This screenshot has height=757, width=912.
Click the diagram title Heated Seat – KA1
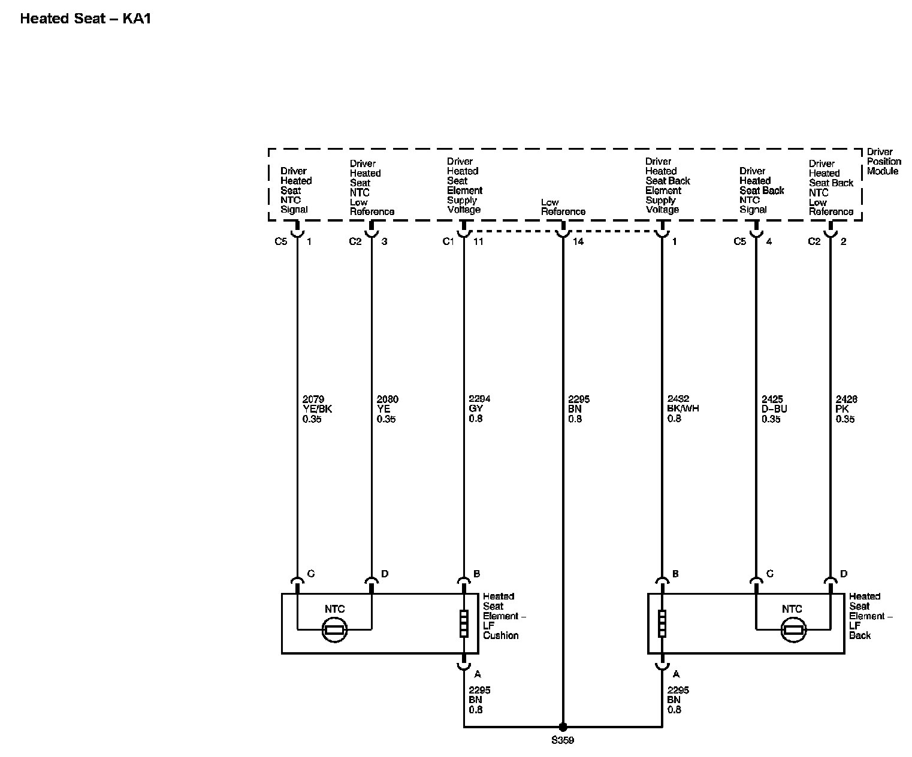tap(86, 19)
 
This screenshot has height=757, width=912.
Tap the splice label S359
tap(563, 740)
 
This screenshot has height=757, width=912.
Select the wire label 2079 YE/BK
tap(317, 409)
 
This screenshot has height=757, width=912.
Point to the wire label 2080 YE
tap(387, 409)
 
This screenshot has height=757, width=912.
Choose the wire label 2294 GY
tap(479, 409)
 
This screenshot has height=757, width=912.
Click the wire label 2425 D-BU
tap(774, 409)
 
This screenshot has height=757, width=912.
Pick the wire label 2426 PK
tap(846, 409)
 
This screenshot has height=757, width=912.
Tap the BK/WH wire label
tap(683, 409)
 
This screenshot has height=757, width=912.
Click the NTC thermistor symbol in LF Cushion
tap(334, 629)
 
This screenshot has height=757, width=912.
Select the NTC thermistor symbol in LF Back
tap(793, 629)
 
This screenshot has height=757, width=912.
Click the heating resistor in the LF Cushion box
tap(464, 623)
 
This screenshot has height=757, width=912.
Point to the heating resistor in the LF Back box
tap(662, 623)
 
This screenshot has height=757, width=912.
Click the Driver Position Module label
tap(883, 162)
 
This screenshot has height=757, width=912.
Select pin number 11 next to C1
tap(478, 241)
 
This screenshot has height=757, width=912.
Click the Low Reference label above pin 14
tap(563, 207)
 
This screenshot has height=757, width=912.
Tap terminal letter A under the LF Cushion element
tap(478, 674)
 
